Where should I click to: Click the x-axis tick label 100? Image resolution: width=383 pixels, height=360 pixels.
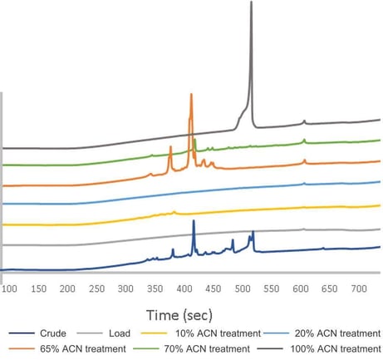(10, 288)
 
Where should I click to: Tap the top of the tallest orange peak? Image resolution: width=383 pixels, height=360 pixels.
(191, 93)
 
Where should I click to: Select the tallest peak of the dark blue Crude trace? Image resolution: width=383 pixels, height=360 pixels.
(194, 221)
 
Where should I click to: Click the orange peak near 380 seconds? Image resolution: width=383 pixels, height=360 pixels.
(170, 147)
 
